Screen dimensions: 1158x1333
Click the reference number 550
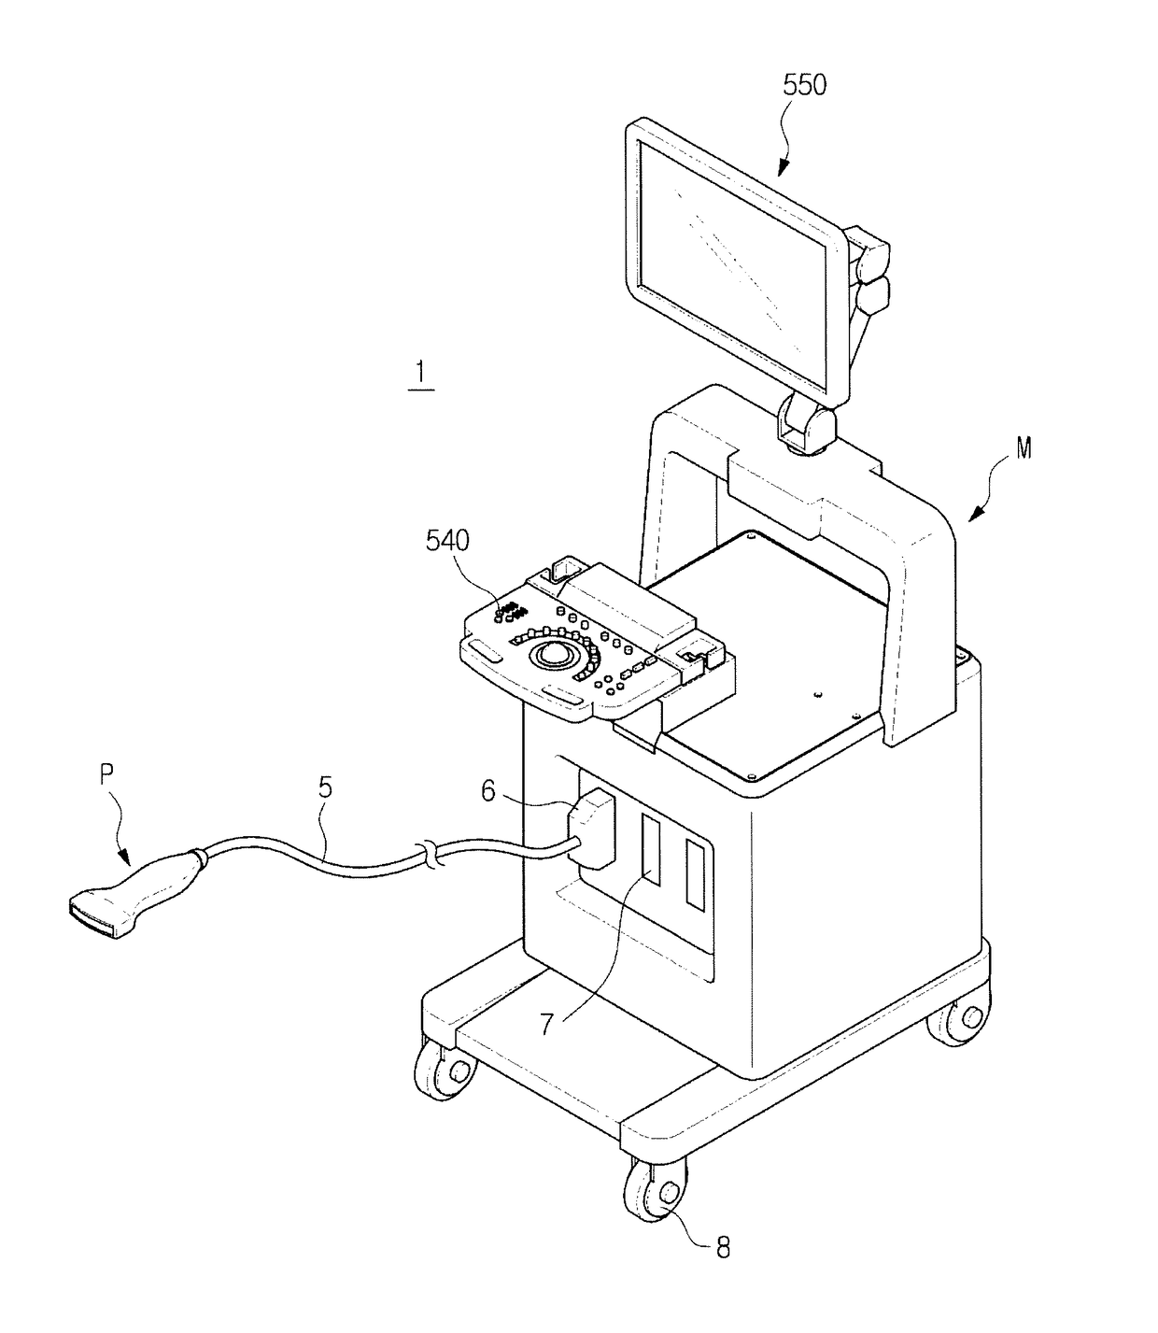804,85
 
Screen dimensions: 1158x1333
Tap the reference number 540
447,541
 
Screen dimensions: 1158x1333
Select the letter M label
1024,448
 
